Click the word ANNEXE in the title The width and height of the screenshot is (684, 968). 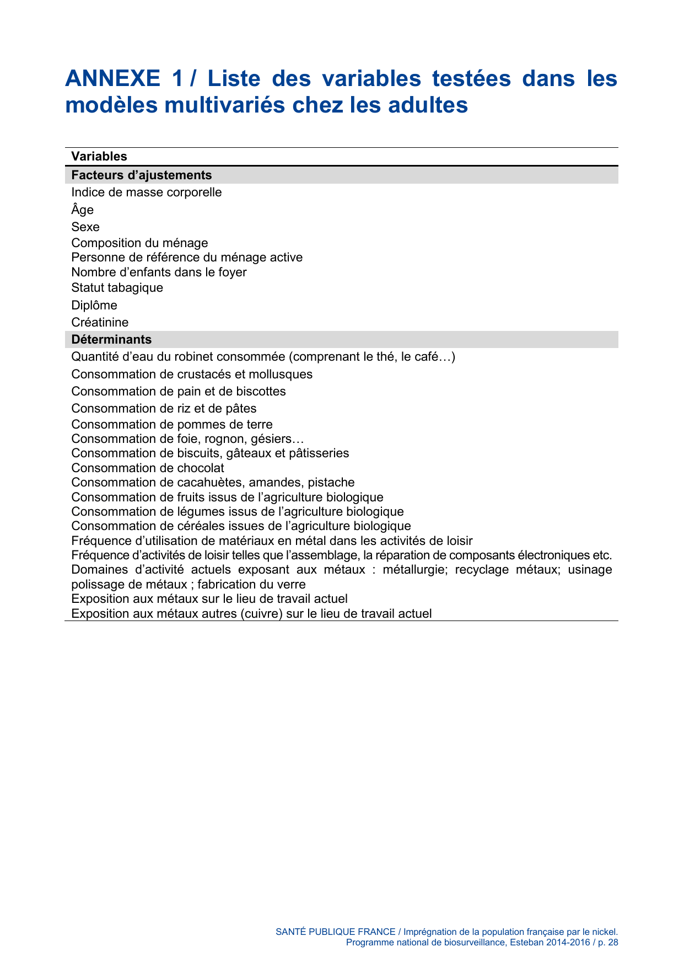[x=112, y=78]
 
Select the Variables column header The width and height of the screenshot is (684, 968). [x=99, y=157]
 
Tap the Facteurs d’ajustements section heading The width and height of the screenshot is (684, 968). [x=142, y=175]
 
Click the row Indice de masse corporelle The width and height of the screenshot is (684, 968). [x=147, y=192]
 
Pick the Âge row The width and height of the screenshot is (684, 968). [x=83, y=210]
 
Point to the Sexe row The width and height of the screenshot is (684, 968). [x=85, y=227]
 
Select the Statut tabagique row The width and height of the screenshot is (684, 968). [x=117, y=288]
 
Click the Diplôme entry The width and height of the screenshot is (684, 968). [x=94, y=306]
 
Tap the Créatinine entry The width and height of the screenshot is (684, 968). [x=100, y=323]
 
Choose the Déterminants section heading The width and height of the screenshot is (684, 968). [x=111, y=340]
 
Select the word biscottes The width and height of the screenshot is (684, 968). [x=261, y=392]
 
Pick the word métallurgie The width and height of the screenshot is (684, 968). [x=415, y=570]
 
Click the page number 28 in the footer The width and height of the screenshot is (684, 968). [x=613, y=943]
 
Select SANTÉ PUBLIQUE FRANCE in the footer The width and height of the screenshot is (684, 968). [x=335, y=932]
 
